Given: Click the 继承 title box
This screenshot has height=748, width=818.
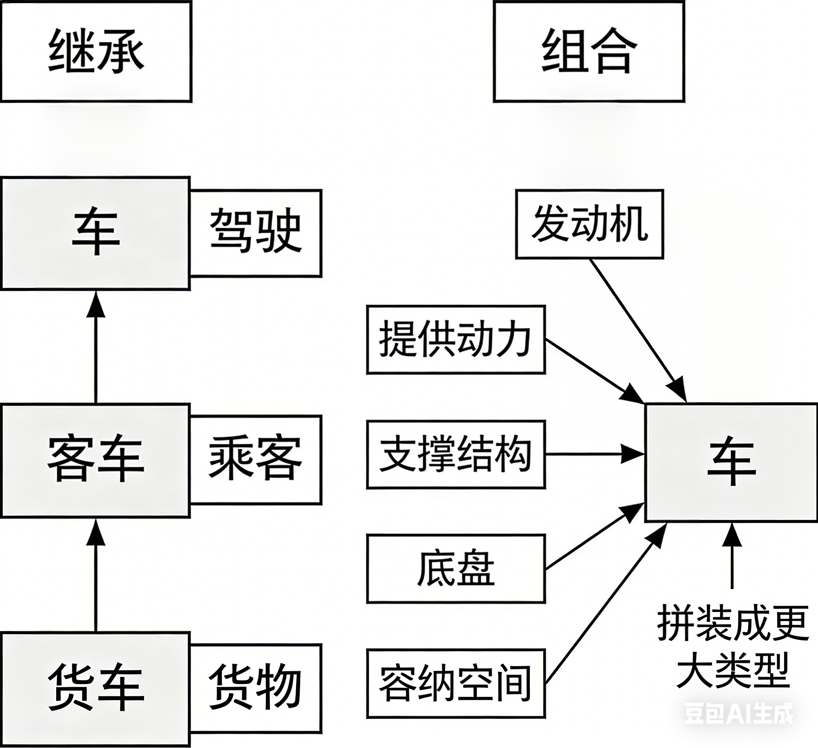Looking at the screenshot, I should (96, 51).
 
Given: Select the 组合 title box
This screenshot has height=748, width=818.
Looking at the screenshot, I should (589, 51).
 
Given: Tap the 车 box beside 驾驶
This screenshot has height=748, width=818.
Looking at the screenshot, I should (96, 234).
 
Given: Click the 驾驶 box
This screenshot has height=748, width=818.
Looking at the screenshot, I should (256, 234).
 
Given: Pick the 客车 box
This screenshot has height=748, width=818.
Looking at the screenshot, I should (96, 461).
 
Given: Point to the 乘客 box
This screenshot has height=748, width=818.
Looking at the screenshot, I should (256, 460).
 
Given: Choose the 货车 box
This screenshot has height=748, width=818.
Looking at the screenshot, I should (96, 689).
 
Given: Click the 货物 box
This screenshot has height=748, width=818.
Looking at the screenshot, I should (256, 689).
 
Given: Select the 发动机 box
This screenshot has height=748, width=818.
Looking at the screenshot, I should (589, 224).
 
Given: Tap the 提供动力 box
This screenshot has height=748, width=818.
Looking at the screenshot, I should (456, 340).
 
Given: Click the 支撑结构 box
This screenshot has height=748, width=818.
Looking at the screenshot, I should (456, 454).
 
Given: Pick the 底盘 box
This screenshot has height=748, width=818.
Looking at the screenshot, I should (456, 569).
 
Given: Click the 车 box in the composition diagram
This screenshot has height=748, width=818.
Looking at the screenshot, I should (731, 462).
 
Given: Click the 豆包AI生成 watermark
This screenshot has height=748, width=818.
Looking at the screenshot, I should (739, 714).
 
